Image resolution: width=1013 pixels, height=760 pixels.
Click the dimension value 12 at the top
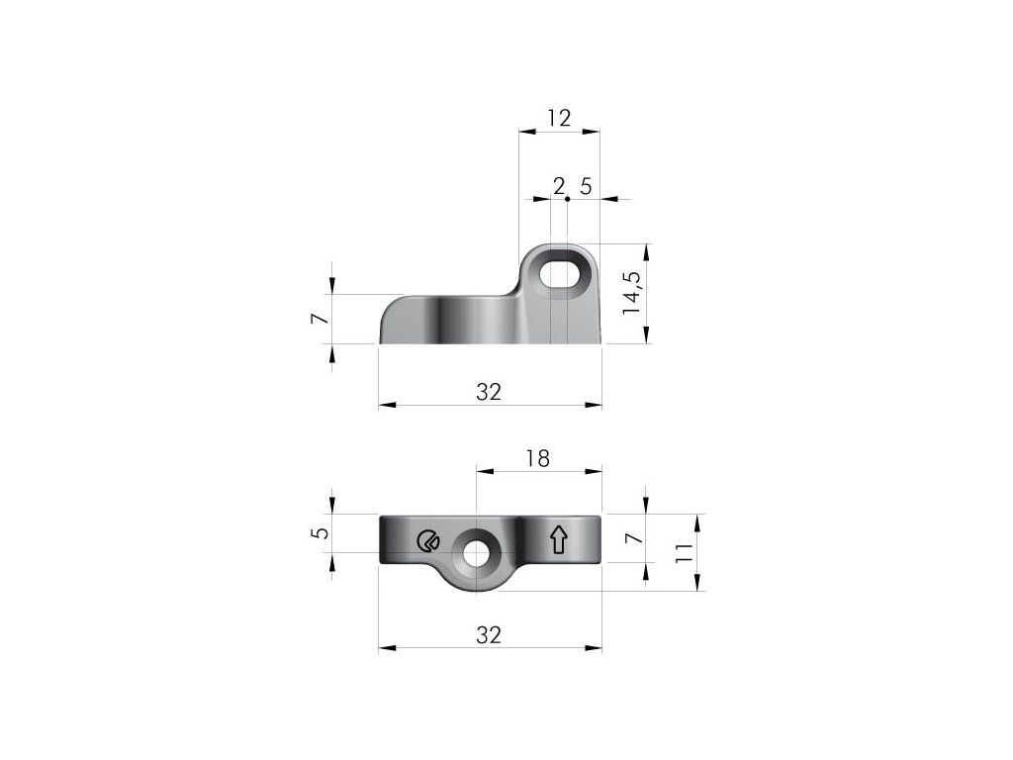tap(560, 119)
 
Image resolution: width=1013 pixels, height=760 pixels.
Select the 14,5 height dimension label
tap(632, 293)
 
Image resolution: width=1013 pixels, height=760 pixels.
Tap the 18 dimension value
tap(537, 458)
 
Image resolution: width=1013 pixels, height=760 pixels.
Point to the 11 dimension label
tap(684, 552)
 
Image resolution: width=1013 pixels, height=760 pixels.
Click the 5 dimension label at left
tap(322, 533)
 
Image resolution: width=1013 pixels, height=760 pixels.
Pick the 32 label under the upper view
tap(489, 392)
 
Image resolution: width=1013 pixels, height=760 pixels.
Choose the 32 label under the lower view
tap(489, 635)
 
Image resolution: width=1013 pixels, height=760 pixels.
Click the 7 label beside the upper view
tap(322, 320)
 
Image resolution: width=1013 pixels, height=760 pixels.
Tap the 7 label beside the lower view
tap(636, 538)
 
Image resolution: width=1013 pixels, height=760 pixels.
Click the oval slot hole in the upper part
tap(560, 274)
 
